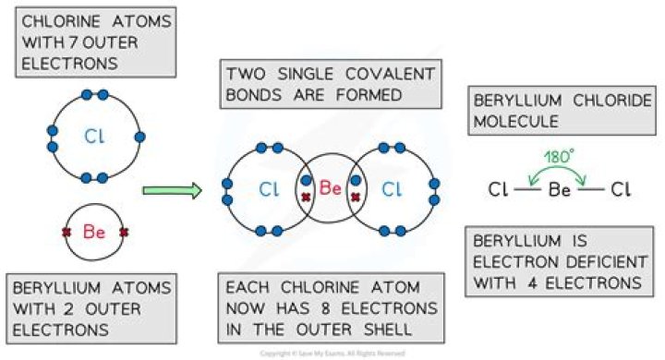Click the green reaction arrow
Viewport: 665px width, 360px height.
(172, 191)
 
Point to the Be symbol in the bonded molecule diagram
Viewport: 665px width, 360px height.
(331, 187)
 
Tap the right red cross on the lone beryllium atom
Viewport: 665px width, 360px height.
(122, 233)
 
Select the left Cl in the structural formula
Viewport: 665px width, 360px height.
(500, 191)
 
